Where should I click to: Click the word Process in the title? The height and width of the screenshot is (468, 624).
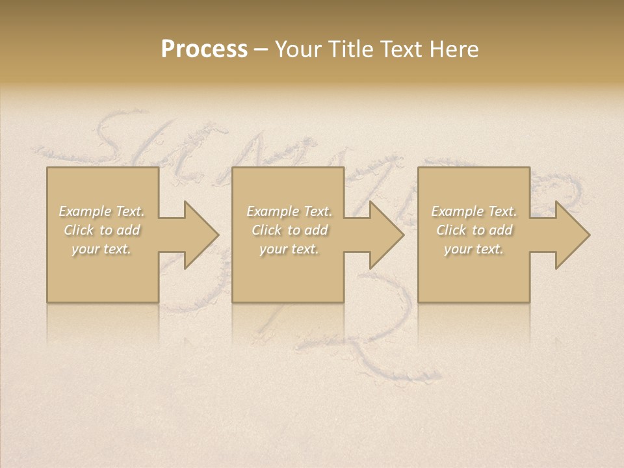pyautogui.click(x=204, y=49)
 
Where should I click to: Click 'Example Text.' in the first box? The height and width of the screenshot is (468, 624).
pyautogui.click(x=101, y=211)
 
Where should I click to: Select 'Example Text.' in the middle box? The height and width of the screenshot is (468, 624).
pyautogui.click(x=289, y=211)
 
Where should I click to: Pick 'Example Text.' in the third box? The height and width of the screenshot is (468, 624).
pyautogui.click(x=474, y=211)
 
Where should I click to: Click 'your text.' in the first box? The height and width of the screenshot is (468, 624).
pyautogui.click(x=101, y=249)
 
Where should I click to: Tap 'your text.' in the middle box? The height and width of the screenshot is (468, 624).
pyautogui.click(x=289, y=249)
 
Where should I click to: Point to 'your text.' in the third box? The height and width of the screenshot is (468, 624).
pyautogui.click(x=474, y=249)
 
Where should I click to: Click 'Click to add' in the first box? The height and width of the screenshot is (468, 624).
pyautogui.click(x=101, y=230)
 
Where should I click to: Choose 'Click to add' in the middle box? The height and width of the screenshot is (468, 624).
pyautogui.click(x=289, y=230)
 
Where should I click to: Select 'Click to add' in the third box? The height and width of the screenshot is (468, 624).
pyautogui.click(x=474, y=230)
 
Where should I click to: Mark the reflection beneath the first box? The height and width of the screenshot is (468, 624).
pyautogui.click(x=103, y=322)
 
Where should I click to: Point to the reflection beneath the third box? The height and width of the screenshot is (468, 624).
pyautogui.click(x=474, y=322)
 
